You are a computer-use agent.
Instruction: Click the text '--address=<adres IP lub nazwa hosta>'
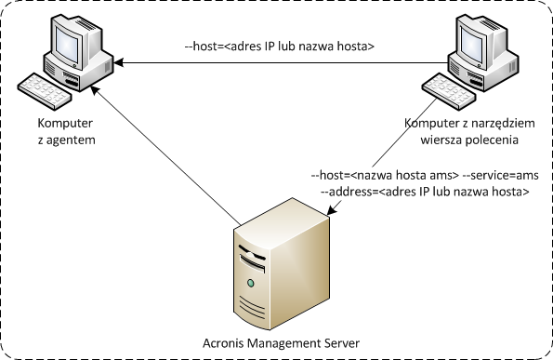[x=424, y=192]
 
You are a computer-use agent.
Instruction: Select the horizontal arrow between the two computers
[x=279, y=63]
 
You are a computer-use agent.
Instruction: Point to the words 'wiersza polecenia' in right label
[x=468, y=140]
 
